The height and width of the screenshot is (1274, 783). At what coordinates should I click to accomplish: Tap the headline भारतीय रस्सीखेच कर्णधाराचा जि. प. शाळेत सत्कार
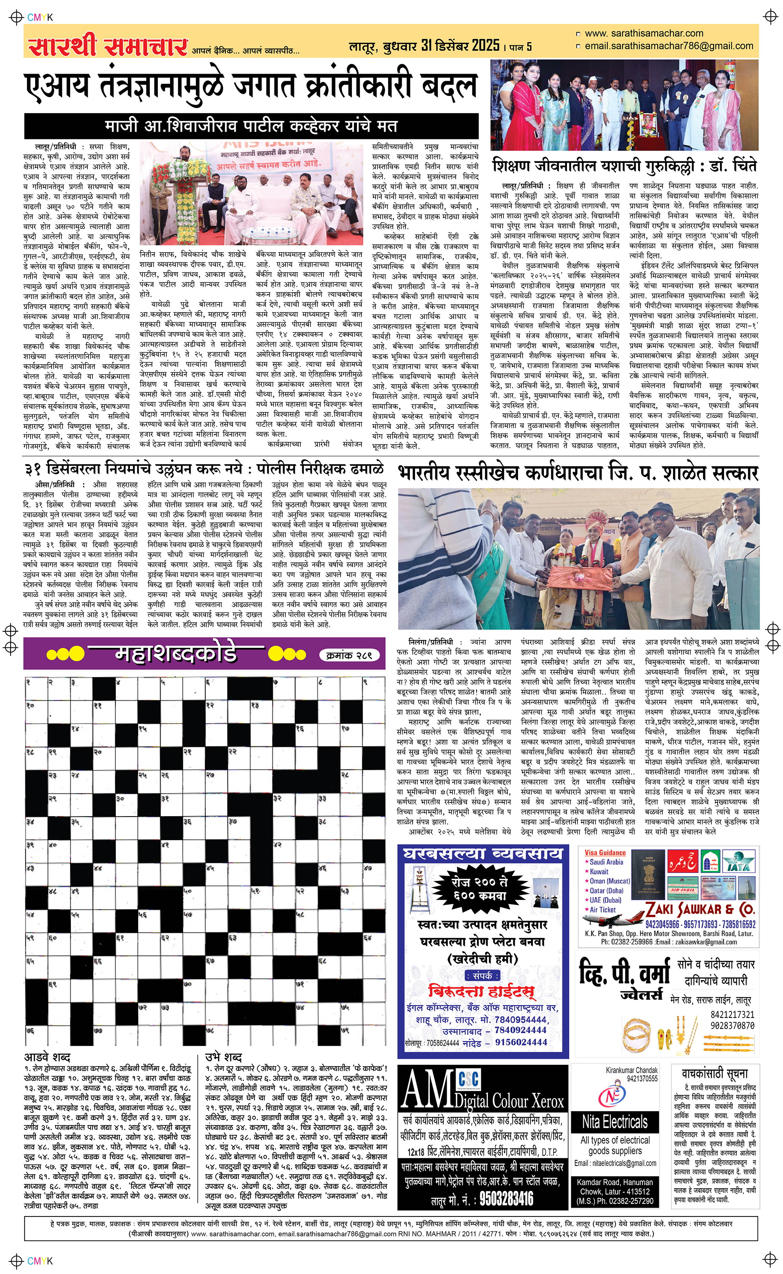click(x=578, y=472)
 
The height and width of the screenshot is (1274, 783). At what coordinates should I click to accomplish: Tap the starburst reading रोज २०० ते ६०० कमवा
click(x=480, y=888)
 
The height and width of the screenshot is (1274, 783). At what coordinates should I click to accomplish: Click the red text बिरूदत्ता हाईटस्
click(x=481, y=991)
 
